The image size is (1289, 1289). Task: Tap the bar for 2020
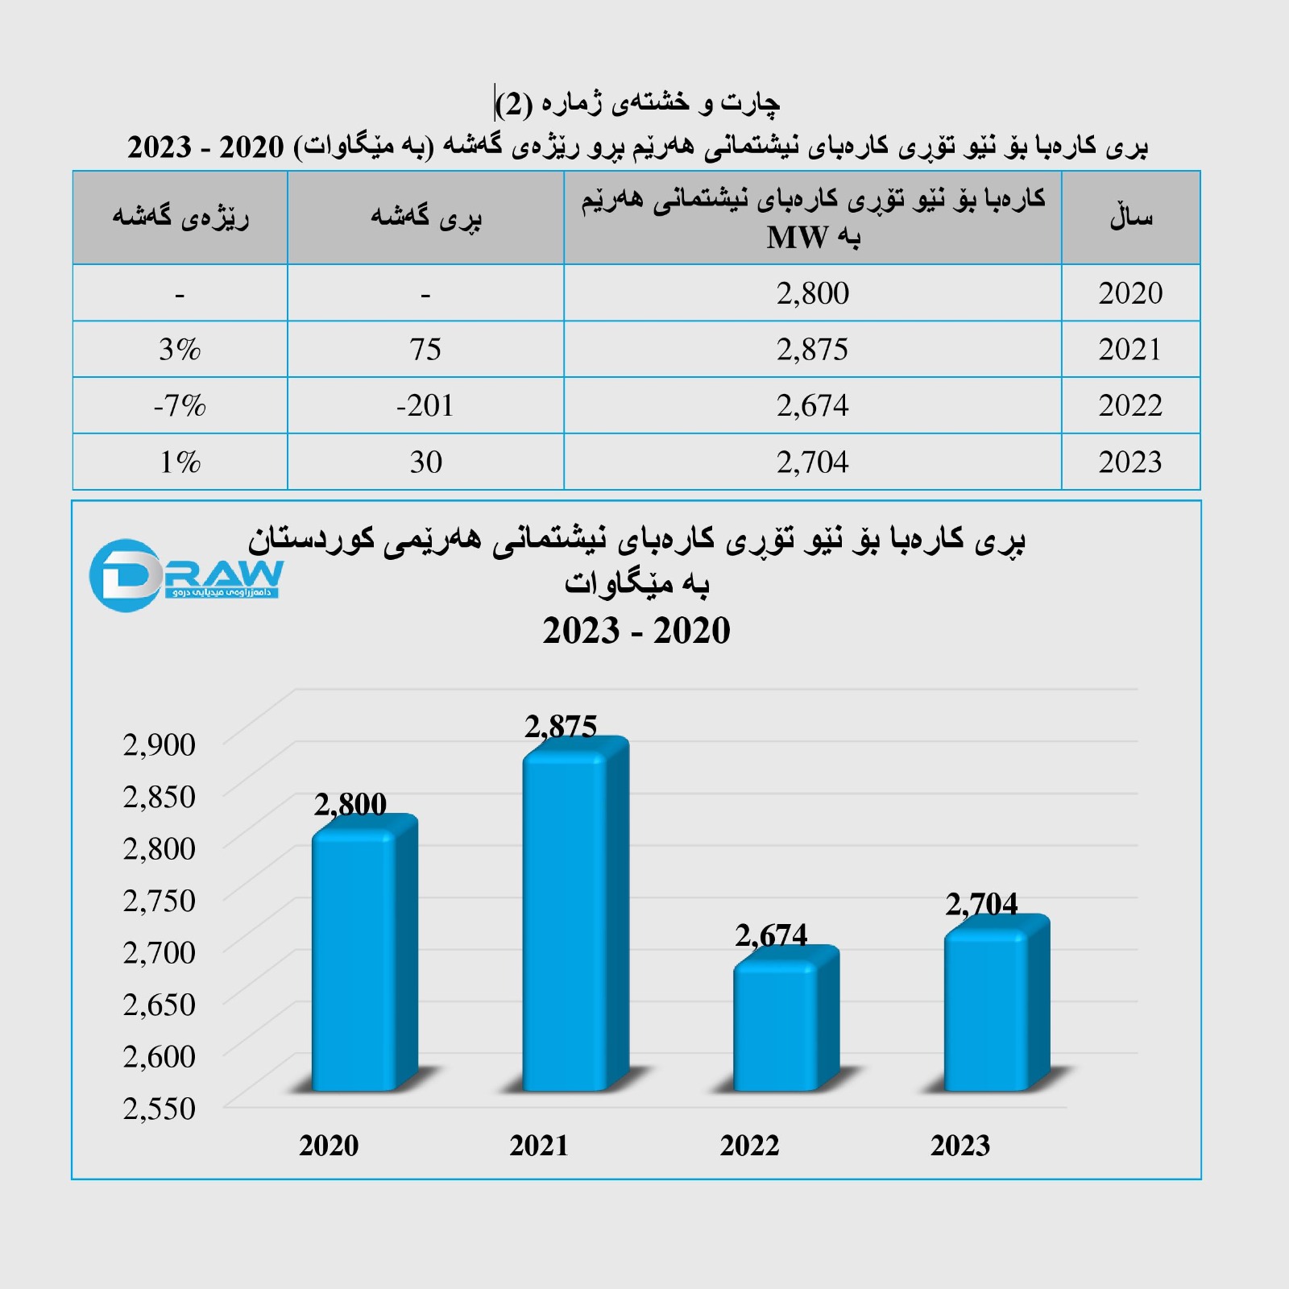pyautogui.click(x=355, y=959)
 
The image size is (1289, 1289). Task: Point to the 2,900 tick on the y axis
pyautogui.click(x=160, y=744)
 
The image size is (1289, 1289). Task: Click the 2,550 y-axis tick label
pyautogui.click(x=160, y=1109)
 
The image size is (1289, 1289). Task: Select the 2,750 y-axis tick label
pyautogui.click(x=160, y=901)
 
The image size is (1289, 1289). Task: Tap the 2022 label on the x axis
pyautogui.click(x=749, y=1146)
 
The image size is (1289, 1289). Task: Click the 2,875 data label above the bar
pyautogui.click(x=561, y=727)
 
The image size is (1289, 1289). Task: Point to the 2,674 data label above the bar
pyautogui.click(x=771, y=935)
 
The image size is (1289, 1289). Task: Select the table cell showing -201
pyautogui.click(x=425, y=405)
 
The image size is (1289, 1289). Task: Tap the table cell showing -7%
pyautogui.click(x=180, y=405)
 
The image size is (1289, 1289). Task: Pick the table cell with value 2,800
pyautogui.click(x=812, y=293)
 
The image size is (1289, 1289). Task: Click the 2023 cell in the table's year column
pyautogui.click(x=1130, y=462)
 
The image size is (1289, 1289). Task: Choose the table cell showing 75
pyautogui.click(x=425, y=350)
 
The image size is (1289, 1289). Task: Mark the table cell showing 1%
pyautogui.click(x=180, y=462)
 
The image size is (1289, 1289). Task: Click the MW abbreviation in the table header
pyautogui.click(x=798, y=238)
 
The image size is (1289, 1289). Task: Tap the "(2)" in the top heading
pyautogui.click(x=514, y=104)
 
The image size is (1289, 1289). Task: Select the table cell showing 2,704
pyautogui.click(x=812, y=462)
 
